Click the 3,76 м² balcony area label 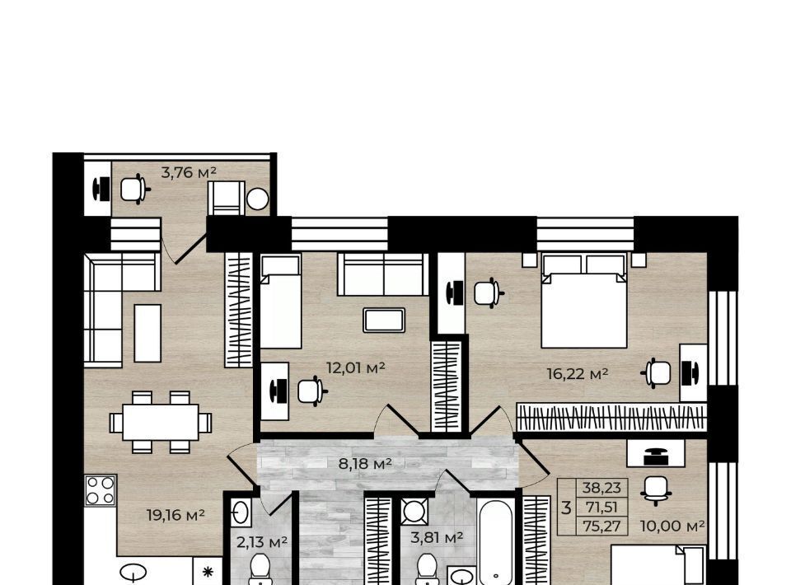coord(189,172)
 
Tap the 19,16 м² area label coord(176,515)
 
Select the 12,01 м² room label coord(356,367)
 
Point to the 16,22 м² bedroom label coord(577,374)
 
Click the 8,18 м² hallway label coord(365,463)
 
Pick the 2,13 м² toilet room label coord(262,542)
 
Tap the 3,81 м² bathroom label coord(437,537)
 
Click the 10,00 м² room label coord(672,526)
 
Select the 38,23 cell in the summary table coord(601,488)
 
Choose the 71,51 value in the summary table coord(601,508)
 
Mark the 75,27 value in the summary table coord(601,526)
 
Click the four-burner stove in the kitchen coord(101,490)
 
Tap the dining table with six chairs coord(161,422)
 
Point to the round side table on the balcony coord(258,199)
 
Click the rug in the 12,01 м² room coord(384,321)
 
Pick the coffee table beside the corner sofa coord(147,333)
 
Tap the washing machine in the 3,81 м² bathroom coord(414,512)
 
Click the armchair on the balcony coord(226,198)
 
